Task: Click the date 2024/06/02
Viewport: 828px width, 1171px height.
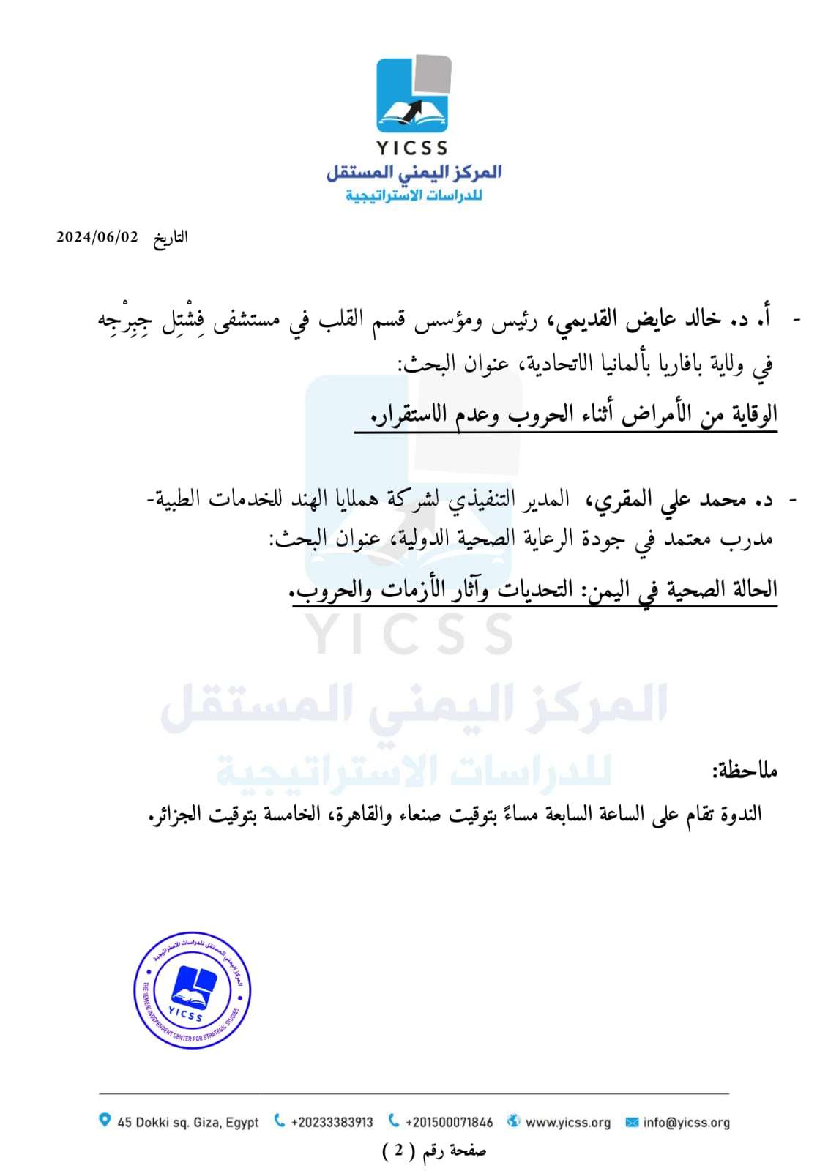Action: (97, 237)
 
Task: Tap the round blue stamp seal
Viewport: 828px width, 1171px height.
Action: (193, 990)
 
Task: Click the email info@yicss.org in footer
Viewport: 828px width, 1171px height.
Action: (686, 1122)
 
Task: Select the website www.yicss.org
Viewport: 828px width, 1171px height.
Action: (567, 1122)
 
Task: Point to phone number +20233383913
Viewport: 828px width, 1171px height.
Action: (332, 1122)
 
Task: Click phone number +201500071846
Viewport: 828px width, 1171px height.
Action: (449, 1122)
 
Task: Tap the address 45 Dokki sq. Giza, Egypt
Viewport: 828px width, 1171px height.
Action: (187, 1122)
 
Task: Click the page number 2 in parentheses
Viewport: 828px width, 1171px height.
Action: (398, 1151)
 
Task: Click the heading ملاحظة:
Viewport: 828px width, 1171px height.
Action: (745, 770)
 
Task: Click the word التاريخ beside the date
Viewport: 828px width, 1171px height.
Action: (171, 238)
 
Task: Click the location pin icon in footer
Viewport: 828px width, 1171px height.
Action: (105, 1121)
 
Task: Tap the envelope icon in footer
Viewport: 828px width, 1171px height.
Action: (632, 1122)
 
